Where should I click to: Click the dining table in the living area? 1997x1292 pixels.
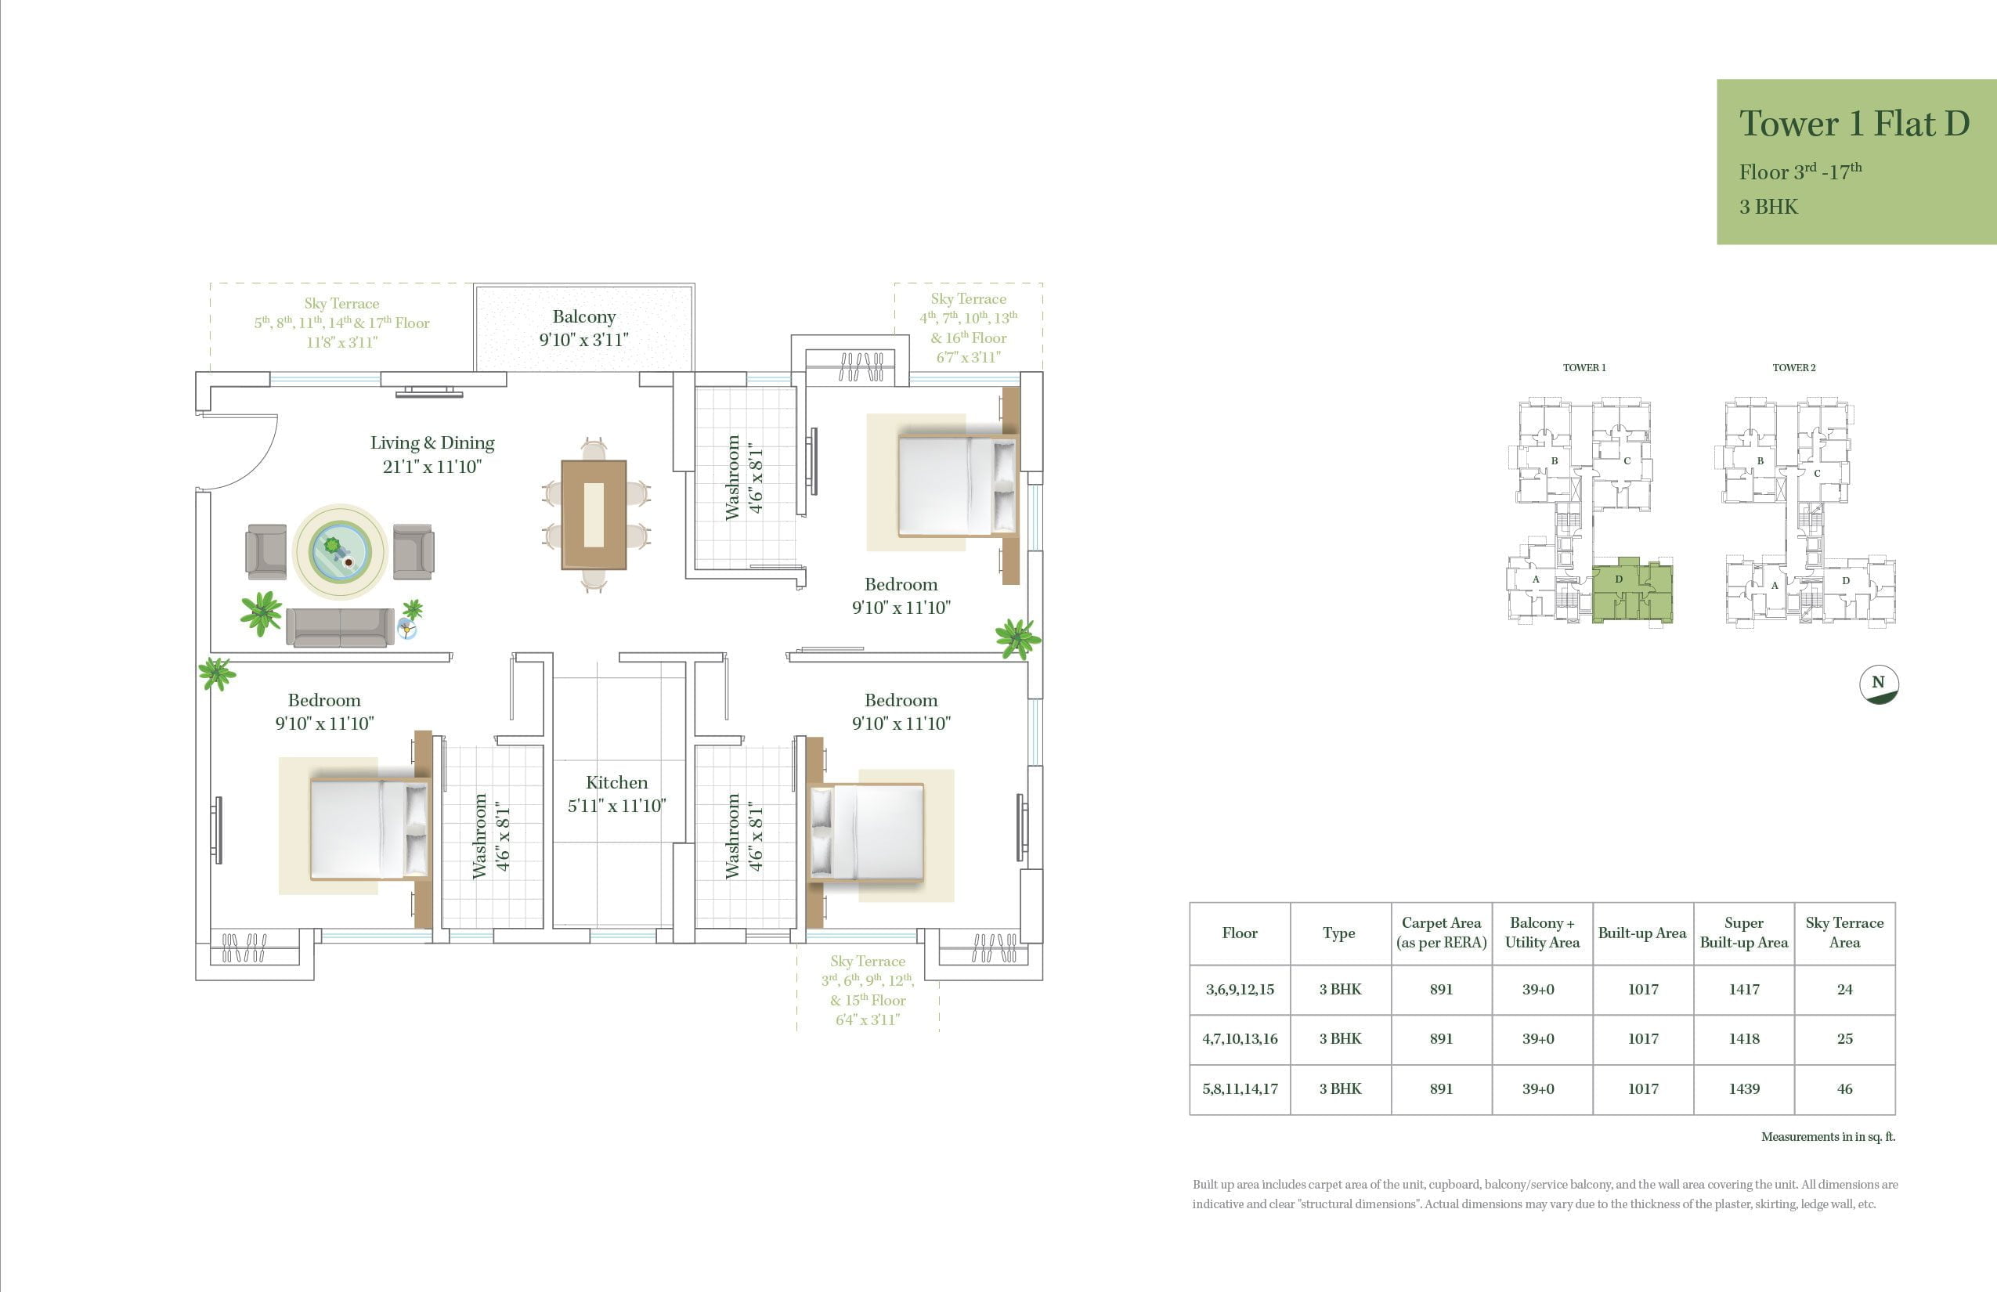(x=594, y=514)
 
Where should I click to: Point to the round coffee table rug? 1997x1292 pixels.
(x=340, y=551)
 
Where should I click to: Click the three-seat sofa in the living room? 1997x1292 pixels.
(x=340, y=626)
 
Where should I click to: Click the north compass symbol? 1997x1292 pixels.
(x=1879, y=684)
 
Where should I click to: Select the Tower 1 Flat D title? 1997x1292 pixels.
(x=1854, y=124)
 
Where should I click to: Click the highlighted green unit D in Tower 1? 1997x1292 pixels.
(x=1632, y=590)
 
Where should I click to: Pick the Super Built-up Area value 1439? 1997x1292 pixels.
(x=1743, y=1088)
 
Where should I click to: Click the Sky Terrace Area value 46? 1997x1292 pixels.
(x=1844, y=1088)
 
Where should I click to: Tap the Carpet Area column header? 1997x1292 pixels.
(x=1442, y=932)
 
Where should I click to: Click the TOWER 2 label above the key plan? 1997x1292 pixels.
(x=1794, y=367)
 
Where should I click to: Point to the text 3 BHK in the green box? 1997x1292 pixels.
(x=1769, y=208)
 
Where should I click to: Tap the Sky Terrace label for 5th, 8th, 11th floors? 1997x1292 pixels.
(x=341, y=322)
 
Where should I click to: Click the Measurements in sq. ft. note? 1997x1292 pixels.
(x=1829, y=1137)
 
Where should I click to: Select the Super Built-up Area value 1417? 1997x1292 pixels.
(x=1743, y=989)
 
